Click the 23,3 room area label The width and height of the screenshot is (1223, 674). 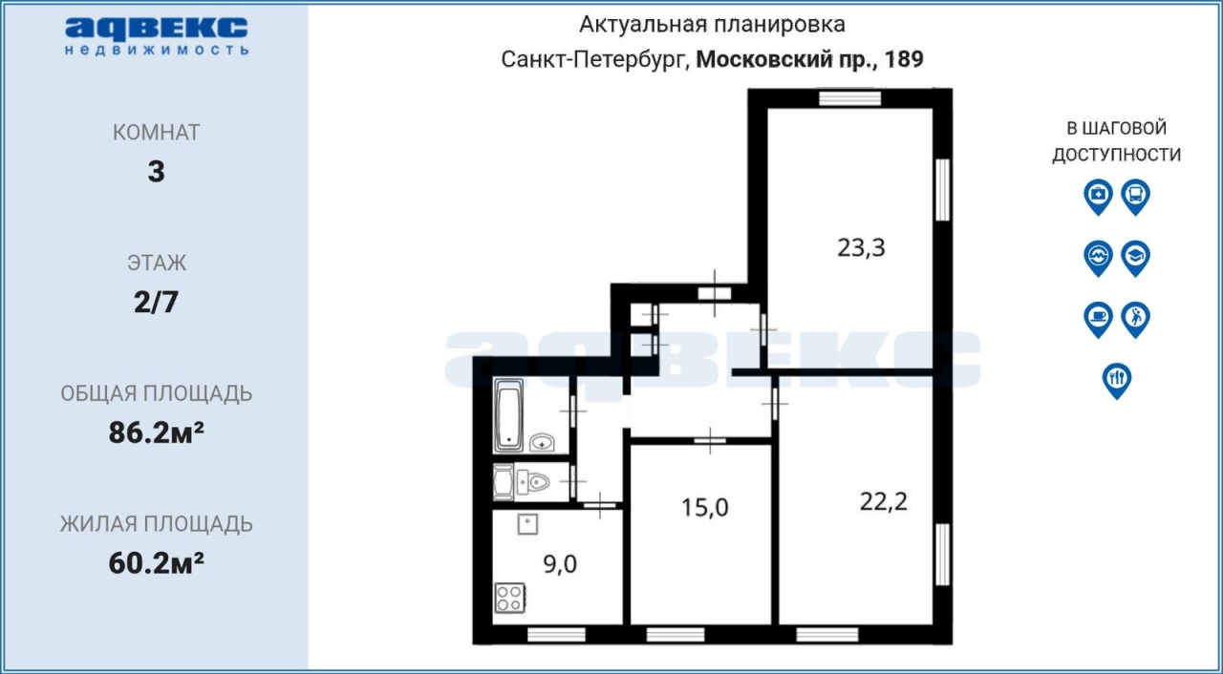(861, 248)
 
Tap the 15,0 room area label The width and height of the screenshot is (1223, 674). (704, 508)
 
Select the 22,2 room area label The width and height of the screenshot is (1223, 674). (884, 502)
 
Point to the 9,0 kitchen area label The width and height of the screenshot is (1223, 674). (560, 564)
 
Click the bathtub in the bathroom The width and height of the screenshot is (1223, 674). (508, 416)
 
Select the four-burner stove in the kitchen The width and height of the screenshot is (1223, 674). (510, 598)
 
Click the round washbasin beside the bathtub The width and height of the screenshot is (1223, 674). (542, 442)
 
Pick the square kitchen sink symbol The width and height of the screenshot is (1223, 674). (527, 524)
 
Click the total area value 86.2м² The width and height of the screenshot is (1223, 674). (156, 433)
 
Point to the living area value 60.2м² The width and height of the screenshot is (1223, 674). (156, 563)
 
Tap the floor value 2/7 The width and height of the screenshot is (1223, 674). (156, 302)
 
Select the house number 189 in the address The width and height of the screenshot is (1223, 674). (904, 59)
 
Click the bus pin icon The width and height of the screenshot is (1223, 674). (1136, 197)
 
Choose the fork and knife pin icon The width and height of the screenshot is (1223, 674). (1117, 381)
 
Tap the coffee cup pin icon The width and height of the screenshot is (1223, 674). (1098, 320)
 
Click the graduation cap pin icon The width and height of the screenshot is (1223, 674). (1136, 259)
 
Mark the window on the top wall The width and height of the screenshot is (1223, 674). (849, 98)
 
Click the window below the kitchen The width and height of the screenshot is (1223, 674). (556, 635)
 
